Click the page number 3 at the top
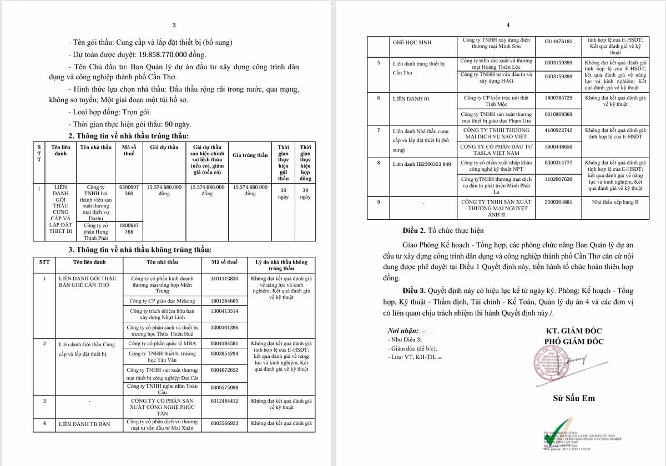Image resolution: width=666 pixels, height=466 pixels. (174, 25)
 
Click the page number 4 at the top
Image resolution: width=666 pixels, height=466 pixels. (508, 25)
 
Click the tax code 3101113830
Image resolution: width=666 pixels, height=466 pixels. (225, 278)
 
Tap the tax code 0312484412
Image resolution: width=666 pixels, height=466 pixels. (225, 401)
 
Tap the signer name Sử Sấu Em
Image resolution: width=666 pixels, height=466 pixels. (574, 398)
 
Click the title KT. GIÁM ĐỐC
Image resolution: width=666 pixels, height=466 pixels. (574, 331)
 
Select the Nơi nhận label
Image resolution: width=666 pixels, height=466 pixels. (403, 331)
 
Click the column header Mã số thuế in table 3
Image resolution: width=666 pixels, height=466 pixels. (225, 262)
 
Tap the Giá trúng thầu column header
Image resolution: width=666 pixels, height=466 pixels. (250, 155)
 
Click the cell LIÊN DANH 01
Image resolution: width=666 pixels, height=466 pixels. (411, 98)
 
